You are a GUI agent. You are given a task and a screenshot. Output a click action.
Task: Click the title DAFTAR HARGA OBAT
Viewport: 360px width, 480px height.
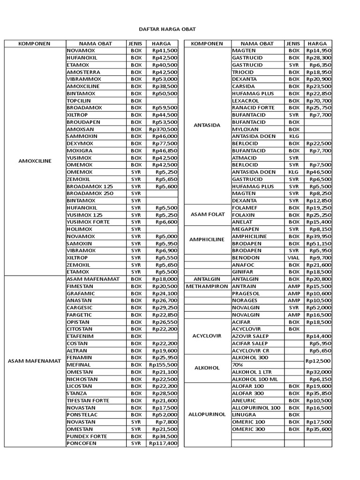tap(180, 29)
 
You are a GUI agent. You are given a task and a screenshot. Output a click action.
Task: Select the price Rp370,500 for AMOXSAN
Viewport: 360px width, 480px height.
tap(163, 129)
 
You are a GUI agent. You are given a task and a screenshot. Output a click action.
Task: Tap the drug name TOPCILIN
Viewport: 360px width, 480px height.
tap(79, 101)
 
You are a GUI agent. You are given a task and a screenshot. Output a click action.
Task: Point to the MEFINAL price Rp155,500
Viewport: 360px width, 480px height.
tap(163, 365)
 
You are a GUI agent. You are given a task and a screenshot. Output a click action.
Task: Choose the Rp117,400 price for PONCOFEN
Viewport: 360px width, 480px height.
tap(163, 443)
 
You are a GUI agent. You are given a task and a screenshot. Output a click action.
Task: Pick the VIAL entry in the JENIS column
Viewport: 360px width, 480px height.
tap(294, 257)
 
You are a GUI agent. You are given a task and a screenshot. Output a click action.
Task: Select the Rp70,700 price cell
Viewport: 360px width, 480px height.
tap(319, 101)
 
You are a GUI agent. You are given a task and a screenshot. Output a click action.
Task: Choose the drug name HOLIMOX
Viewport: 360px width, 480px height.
tap(79, 229)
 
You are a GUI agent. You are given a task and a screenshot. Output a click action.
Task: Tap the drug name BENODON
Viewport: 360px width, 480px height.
tap(245, 257)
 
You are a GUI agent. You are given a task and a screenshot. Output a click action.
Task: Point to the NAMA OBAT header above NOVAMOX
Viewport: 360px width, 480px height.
tap(95, 44)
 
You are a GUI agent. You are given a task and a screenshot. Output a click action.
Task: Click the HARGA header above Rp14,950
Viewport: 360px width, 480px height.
tap(318, 44)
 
